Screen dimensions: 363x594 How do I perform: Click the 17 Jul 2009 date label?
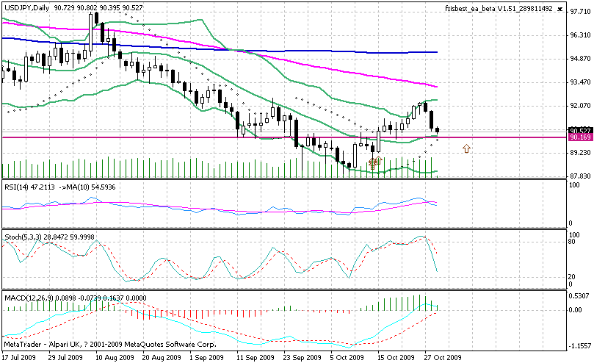coord(18,357)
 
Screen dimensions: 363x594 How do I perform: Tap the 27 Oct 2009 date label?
coord(443,357)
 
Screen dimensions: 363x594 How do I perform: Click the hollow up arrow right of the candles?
coord(466,149)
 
